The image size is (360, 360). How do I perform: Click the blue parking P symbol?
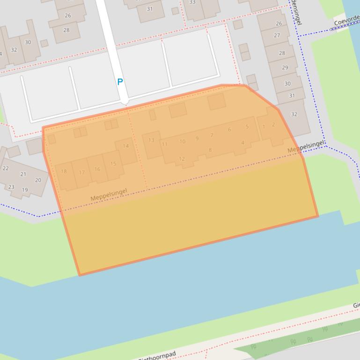[x=120, y=82]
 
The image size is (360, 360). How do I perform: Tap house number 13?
[x=151, y=140]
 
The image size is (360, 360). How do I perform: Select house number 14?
[x=125, y=146]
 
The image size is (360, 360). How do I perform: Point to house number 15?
[x=113, y=164]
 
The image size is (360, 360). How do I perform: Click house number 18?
[x=64, y=172]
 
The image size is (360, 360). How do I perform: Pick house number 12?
[x=182, y=159]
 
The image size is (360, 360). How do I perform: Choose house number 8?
[x=210, y=150]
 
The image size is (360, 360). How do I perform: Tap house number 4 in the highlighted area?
[x=242, y=143]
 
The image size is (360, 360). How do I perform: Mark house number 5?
[x=247, y=127]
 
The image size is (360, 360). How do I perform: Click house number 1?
[x=264, y=126]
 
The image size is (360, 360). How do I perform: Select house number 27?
[x=277, y=36]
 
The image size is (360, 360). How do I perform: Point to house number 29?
[x=285, y=68]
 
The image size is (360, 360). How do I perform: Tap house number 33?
[x=192, y=2]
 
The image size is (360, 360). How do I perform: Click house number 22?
[x=6, y=168]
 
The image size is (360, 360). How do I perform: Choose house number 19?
[x=25, y=190]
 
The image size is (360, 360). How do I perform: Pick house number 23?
[x=11, y=187]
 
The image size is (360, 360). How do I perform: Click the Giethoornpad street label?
[x=157, y=355]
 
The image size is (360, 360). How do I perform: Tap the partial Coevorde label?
[x=346, y=21]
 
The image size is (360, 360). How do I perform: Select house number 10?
[x=182, y=142]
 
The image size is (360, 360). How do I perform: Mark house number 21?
[x=23, y=174]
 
